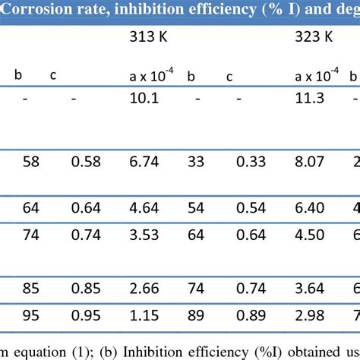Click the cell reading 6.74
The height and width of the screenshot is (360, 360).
point(144,162)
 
